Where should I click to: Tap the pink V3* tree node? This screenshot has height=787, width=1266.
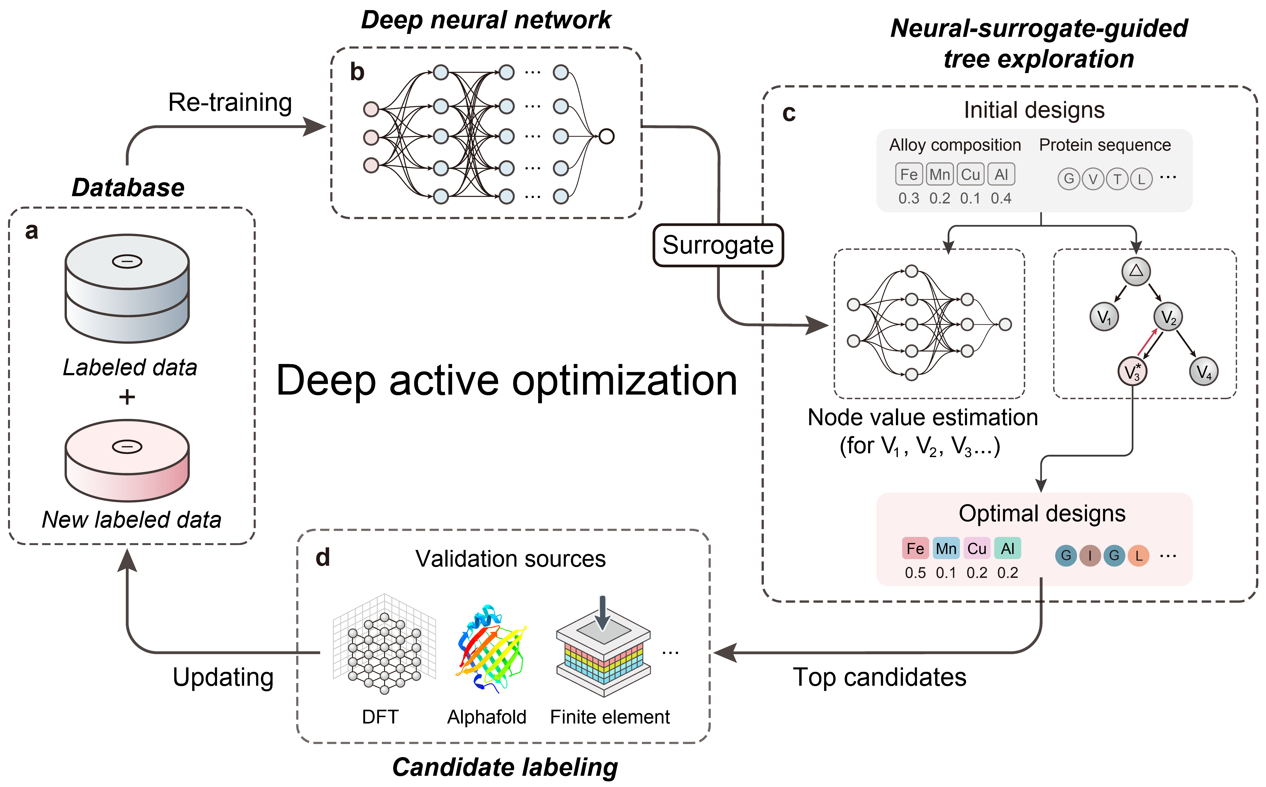[1132, 372]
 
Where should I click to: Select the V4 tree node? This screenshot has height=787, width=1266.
[1203, 372]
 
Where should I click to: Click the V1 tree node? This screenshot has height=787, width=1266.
[1104, 317]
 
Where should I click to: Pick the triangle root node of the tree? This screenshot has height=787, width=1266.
[1136, 271]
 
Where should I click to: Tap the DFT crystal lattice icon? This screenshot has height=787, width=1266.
[384, 644]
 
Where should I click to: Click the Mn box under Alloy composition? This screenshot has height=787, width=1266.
[939, 174]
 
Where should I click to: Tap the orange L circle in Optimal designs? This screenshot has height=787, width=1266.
[1138, 555]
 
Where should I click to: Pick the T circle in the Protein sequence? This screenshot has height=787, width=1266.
[1117, 179]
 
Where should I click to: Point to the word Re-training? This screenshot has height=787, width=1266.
[230, 103]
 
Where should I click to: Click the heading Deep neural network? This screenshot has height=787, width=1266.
[486, 20]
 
